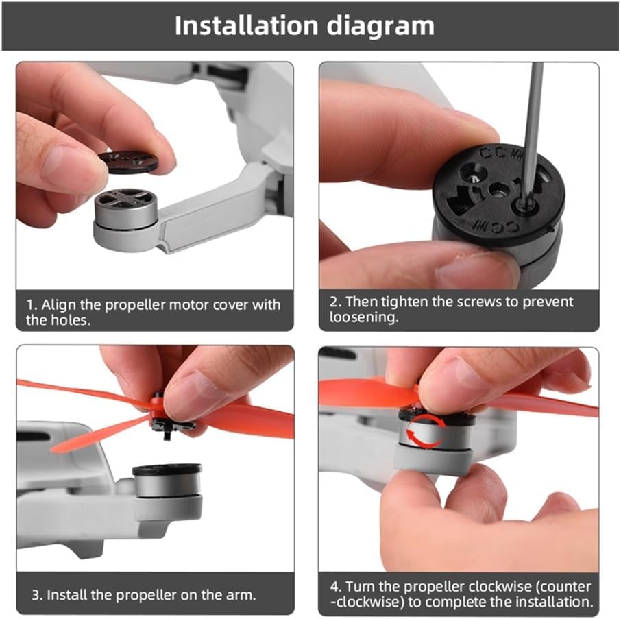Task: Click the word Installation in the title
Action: coord(246,26)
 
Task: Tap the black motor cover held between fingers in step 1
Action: coord(128,162)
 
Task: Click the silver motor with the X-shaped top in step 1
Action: coord(126,209)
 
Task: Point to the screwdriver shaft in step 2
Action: coord(532,131)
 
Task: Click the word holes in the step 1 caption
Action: coord(73,320)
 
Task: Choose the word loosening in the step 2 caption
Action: coord(363,317)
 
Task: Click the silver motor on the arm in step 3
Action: coord(167,481)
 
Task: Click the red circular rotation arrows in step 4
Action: coord(426,431)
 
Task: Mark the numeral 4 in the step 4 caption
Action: coord(334,587)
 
